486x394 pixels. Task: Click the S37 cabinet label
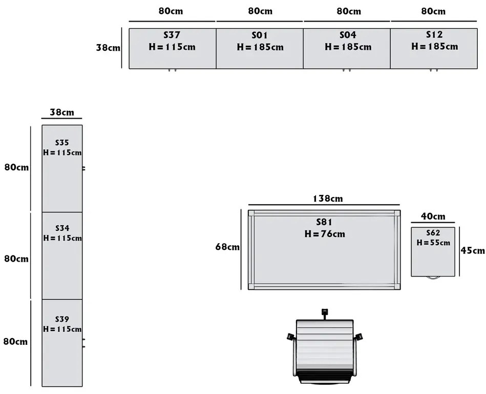point(172,35)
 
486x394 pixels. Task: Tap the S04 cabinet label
point(348,35)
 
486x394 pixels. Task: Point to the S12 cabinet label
point(435,35)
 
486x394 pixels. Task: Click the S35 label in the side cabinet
point(62,143)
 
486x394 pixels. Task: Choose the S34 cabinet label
point(62,228)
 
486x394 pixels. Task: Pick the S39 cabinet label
point(62,320)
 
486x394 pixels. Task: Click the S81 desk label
point(324,223)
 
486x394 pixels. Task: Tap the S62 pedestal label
point(433,233)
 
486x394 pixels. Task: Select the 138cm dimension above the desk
point(328,199)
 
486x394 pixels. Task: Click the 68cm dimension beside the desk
point(227,247)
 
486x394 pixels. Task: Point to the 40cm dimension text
point(433,217)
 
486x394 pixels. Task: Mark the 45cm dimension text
point(472,251)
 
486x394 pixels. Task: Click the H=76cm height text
point(324,234)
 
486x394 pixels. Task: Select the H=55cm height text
point(433,243)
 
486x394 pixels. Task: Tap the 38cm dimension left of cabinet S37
point(108,48)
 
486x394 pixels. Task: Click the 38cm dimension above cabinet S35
point(61,112)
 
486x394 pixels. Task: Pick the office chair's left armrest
point(290,337)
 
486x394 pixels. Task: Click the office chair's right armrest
point(359,337)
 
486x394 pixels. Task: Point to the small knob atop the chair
point(324,312)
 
